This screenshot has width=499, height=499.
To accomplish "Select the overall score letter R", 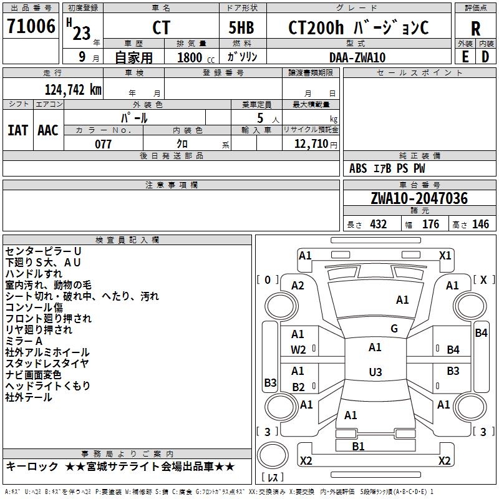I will (x=475, y=28).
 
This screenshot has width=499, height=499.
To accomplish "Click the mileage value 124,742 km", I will (x=73, y=89).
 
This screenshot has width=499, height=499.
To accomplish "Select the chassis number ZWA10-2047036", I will (x=419, y=198).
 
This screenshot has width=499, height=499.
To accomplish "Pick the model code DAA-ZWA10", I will (x=357, y=57).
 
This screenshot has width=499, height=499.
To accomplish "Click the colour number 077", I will (x=103, y=144).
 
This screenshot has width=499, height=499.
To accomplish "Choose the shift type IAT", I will (x=17, y=130).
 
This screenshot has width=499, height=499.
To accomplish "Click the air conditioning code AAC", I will (x=48, y=130).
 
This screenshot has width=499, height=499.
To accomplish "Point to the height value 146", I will (x=480, y=225).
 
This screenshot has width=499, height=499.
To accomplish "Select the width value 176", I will (x=431, y=225).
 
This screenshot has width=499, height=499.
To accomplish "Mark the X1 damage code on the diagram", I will (x=445, y=255).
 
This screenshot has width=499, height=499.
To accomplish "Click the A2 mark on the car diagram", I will (x=298, y=285).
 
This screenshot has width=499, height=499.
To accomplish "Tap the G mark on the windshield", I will (x=394, y=329).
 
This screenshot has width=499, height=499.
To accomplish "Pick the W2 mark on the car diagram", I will (x=299, y=350).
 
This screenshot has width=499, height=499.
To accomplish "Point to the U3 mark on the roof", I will (x=375, y=372).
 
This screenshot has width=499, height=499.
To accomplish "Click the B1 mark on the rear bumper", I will (x=359, y=446).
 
